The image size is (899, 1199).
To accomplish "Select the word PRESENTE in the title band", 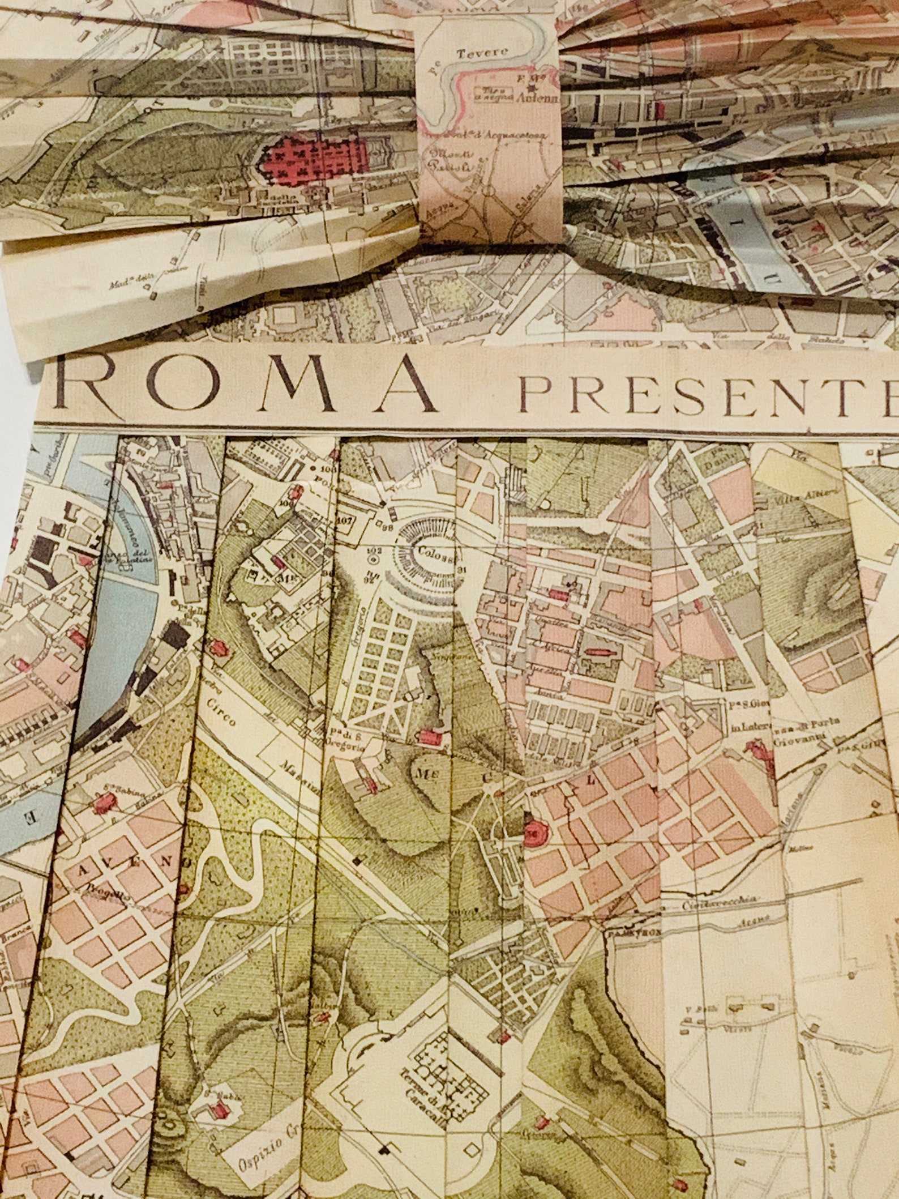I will coord(708,392).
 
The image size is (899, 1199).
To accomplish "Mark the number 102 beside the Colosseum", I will coord(375,550).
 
